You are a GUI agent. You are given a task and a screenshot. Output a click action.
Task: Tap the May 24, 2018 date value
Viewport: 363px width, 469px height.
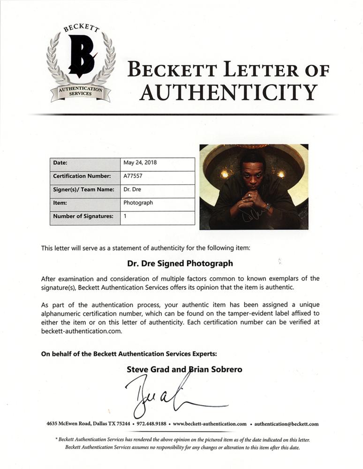tap(140, 163)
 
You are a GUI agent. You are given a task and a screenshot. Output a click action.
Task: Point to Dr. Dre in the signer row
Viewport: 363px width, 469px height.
tap(132, 189)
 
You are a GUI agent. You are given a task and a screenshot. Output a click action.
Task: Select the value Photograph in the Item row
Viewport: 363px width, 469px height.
tap(138, 203)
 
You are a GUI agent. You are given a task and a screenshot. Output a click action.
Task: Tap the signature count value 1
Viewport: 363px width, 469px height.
tap(125, 216)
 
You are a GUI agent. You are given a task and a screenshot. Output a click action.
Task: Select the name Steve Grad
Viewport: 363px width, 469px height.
tap(145, 369)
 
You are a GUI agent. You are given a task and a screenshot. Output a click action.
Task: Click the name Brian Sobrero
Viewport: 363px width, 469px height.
tap(215, 369)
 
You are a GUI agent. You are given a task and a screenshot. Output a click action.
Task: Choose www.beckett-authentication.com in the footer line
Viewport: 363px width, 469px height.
tap(210, 424)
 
